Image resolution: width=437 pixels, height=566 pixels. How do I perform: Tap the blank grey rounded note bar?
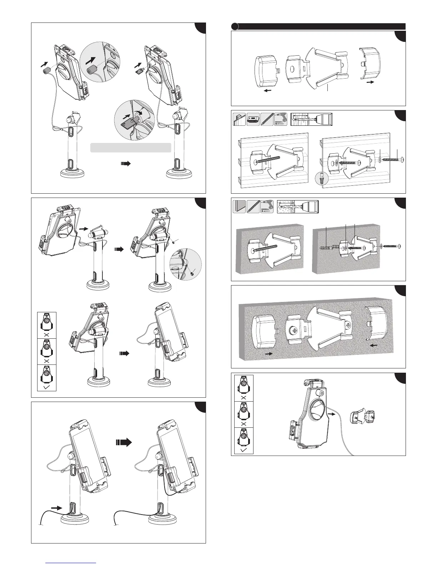(130, 148)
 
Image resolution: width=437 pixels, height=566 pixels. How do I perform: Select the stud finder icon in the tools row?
(253, 119)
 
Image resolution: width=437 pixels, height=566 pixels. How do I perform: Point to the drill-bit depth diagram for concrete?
(298, 207)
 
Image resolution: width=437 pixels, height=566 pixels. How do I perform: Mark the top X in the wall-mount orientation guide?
(243, 397)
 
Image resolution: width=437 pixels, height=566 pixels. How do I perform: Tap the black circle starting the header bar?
(235, 26)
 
